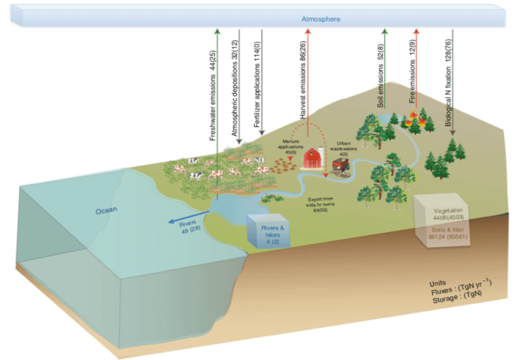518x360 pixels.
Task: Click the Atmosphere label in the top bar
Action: [x=321, y=19]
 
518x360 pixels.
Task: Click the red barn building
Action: [x=313, y=158]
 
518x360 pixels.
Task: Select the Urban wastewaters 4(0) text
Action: [x=344, y=148]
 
